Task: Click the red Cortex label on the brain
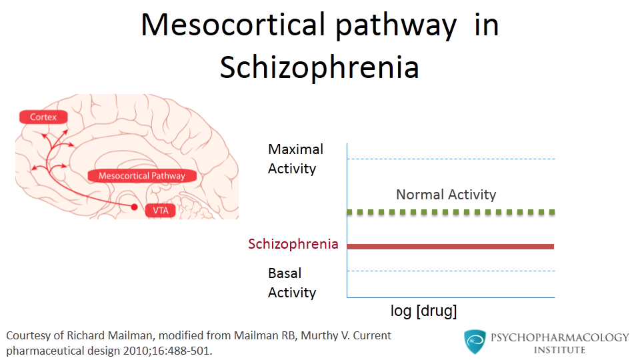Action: pyautogui.click(x=43, y=117)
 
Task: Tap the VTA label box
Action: pyautogui.click(x=161, y=211)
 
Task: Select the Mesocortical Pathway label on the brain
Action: pyautogui.click(x=142, y=176)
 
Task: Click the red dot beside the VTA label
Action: pyautogui.click(x=134, y=207)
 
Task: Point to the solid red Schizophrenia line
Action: pyautogui.click(x=450, y=247)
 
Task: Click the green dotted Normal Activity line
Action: pyautogui.click(x=451, y=212)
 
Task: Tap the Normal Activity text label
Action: pyautogui.click(x=446, y=195)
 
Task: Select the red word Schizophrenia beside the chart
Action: pyautogui.click(x=293, y=244)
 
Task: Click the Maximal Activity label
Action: pyautogui.click(x=295, y=159)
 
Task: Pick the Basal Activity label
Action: pyautogui.click(x=292, y=283)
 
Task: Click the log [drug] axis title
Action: pyautogui.click(x=424, y=311)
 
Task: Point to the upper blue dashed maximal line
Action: pyautogui.click(x=451, y=159)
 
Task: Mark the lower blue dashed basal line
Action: pyautogui.click(x=451, y=271)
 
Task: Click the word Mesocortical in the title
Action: pyautogui.click(x=233, y=25)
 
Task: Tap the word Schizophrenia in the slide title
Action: pyautogui.click(x=319, y=67)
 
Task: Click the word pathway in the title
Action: pyautogui.click(x=395, y=27)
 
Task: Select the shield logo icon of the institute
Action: pyautogui.click(x=475, y=342)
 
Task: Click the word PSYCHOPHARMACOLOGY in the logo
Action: pyautogui.click(x=559, y=337)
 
